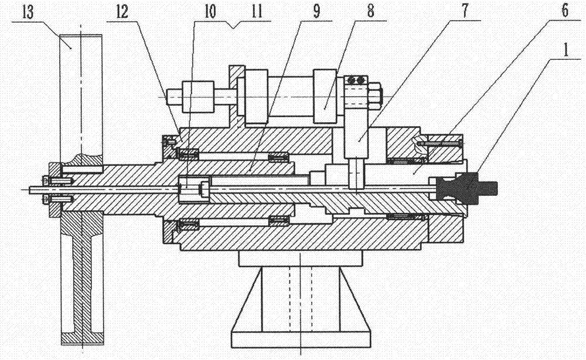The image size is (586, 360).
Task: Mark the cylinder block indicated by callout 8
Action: tap(325, 97)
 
